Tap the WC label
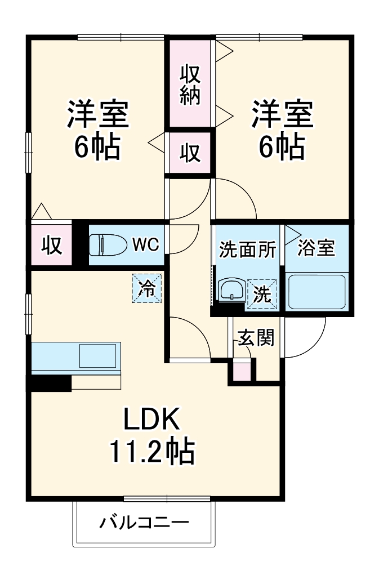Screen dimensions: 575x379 coord(146,244)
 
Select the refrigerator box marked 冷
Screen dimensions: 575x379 coord(147,288)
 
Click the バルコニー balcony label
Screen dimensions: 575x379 coord(144,523)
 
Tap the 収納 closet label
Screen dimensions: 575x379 coord(190,84)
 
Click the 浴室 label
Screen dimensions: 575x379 coord(316,248)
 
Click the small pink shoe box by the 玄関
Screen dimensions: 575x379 coord(242,372)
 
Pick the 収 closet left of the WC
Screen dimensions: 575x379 coord(51,246)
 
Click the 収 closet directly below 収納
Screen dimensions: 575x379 coord(190,152)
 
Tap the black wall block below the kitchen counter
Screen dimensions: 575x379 coord(50,383)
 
